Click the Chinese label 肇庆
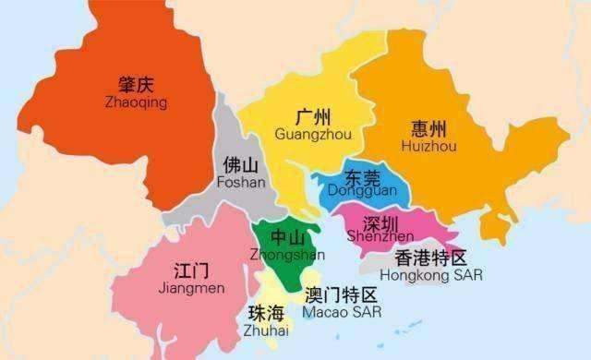coord(131,85)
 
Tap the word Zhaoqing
coord(131,102)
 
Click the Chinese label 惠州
coord(428,128)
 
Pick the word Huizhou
coord(428,146)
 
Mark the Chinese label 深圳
coord(380,222)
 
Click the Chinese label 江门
coord(192,271)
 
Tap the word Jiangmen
coord(192,289)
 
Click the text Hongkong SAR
coord(431,275)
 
